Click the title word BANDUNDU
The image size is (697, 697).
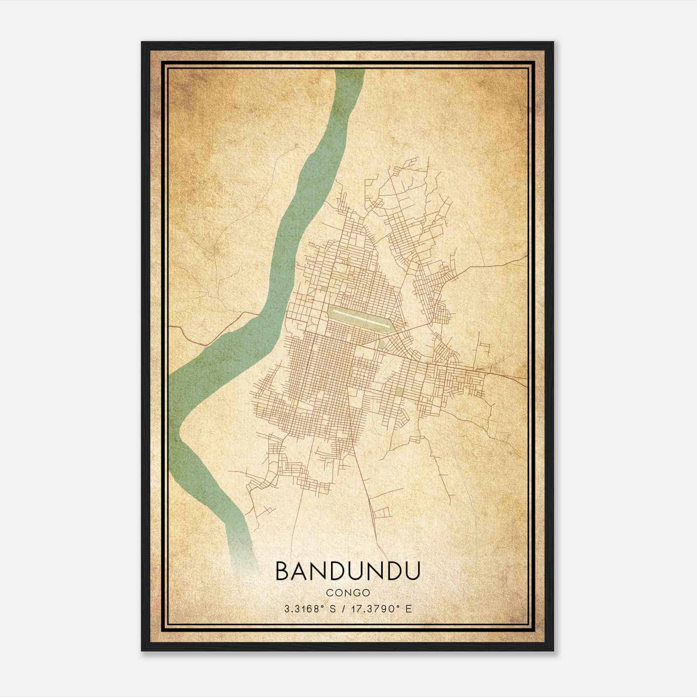[x=348, y=571]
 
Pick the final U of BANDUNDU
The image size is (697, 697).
[x=412, y=571]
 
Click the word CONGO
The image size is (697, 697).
[x=348, y=593]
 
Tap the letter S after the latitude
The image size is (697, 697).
[x=333, y=609]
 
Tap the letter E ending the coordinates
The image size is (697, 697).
[x=408, y=609]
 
